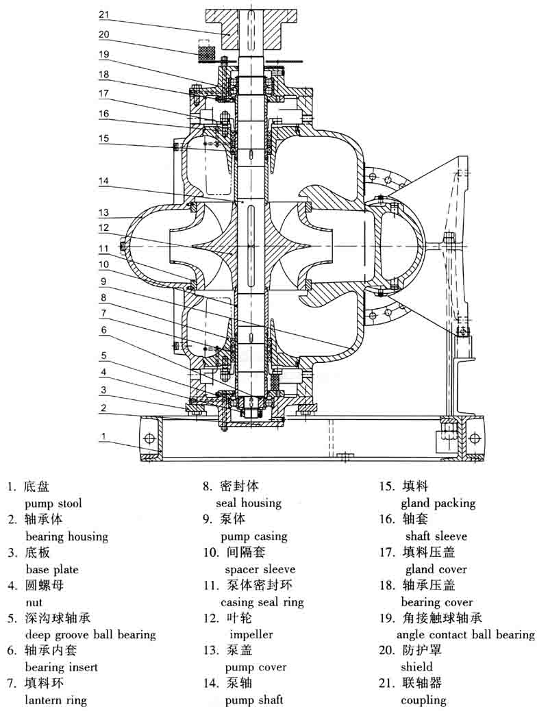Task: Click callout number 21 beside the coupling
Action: [x=103, y=14]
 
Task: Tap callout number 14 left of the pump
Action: [x=103, y=182]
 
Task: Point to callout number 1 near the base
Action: [x=103, y=436]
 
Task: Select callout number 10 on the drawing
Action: [x=103, y=264]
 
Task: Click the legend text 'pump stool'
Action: [x=53, y=503]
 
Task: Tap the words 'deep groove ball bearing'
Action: [x=90, y=635]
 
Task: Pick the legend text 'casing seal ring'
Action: [x=262, y=602]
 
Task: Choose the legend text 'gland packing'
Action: [x=438, y=503]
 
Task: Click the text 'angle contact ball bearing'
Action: [x=466, y=635]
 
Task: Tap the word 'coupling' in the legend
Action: [x=423, y=700]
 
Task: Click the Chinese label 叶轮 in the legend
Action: [x=239, y=619]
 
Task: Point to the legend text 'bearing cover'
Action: [x=437, y=603]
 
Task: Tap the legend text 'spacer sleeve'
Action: [x=260, y=569]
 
